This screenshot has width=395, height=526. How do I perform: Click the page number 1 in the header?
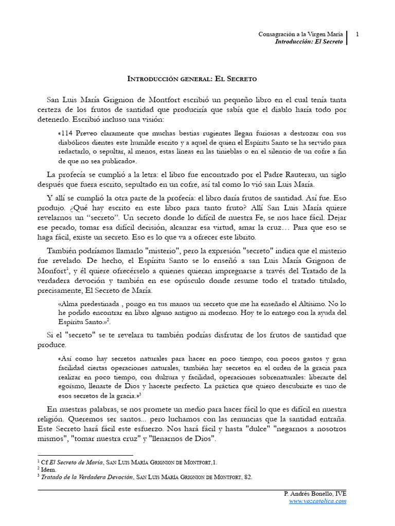point(357,34)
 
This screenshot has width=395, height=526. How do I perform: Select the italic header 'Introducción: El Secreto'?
point(308,42)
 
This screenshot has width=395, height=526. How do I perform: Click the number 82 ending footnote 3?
point(248,477)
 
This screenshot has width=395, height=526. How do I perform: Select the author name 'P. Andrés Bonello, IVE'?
point(315,494)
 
